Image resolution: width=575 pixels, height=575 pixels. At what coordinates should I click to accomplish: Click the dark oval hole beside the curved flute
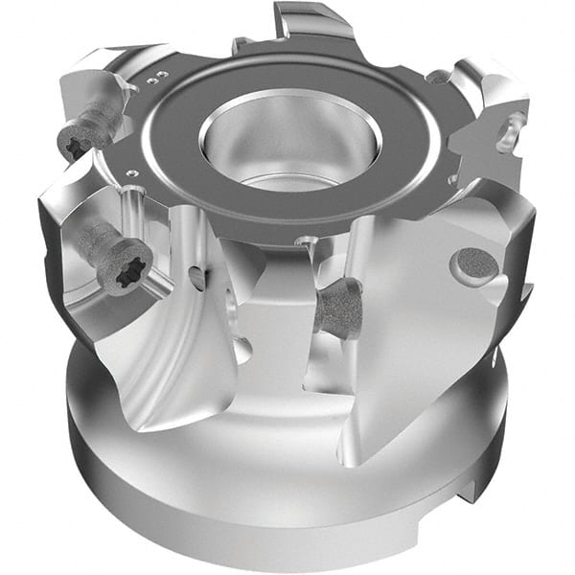196,279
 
